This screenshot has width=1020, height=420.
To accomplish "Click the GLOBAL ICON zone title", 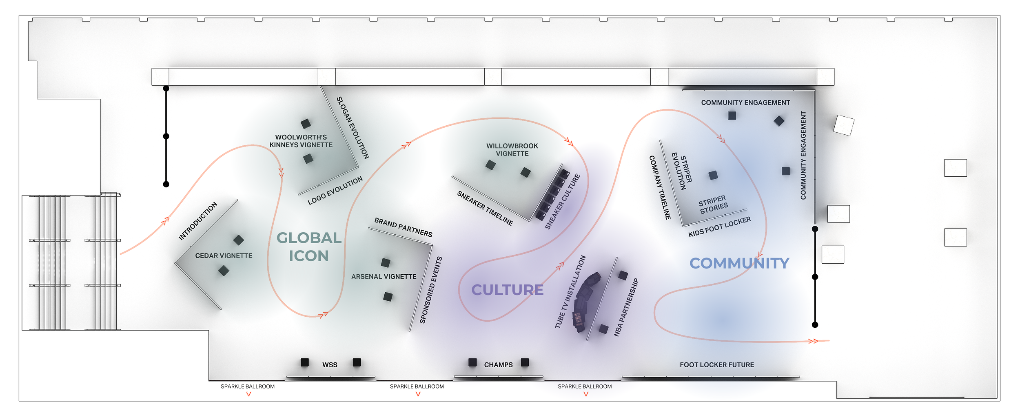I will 309,247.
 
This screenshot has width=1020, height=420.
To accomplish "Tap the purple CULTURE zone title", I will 507,290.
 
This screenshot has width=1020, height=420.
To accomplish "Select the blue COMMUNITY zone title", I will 739,263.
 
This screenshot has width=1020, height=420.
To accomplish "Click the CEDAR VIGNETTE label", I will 224,256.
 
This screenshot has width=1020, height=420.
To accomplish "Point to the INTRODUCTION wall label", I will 198,221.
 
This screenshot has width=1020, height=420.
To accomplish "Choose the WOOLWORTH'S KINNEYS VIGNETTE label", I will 301,141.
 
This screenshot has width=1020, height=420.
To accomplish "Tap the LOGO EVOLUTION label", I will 335,191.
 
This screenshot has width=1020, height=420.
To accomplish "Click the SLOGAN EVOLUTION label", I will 353,128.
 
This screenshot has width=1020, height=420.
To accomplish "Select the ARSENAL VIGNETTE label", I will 384,277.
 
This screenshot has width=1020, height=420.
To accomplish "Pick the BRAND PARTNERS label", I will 403,227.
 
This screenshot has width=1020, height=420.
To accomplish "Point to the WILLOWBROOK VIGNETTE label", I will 512,150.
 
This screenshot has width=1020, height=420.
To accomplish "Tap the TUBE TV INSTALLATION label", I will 570,292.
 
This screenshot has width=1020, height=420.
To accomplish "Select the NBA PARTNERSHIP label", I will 626,307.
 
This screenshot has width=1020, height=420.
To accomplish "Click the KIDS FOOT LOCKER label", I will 719,227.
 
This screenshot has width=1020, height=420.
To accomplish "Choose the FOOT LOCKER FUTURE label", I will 717,365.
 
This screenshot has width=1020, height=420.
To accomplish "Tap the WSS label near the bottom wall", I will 330,365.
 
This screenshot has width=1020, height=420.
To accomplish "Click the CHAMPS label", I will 498,365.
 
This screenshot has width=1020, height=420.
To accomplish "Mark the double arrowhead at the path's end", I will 813,341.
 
